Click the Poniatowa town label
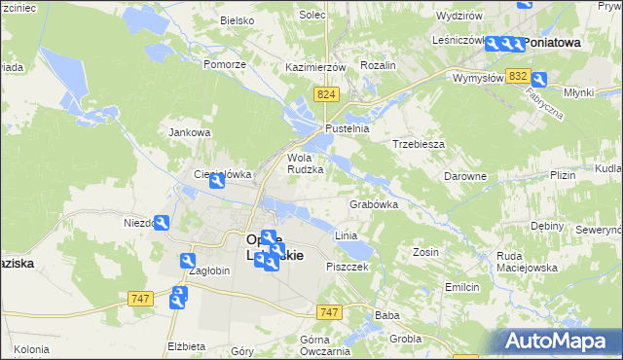(553, 43)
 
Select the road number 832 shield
(518, 76)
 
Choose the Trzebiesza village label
(419, 144)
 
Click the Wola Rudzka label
(305, 163)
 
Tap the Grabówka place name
(374, 205)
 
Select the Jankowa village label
(190, 132)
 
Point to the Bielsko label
(237, 19)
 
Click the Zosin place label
(425, 252)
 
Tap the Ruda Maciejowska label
(527, 262)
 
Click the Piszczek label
(347, 267)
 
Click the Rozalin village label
(378, 65)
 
